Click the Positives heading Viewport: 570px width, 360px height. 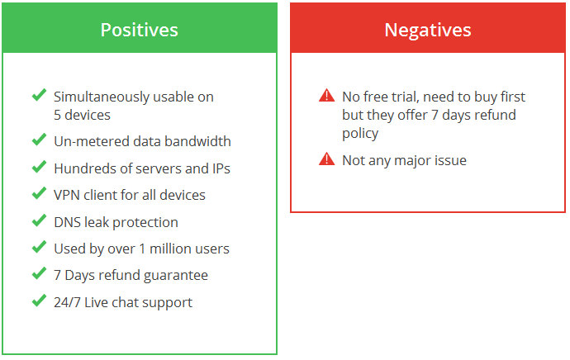click(x=140, y=30)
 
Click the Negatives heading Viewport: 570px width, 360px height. click(x=428, y=31)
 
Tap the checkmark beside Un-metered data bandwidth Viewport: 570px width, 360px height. click(x=40, y=140)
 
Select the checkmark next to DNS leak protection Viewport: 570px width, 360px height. click(x=40, y=220)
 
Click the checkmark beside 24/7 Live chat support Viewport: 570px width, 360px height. click(x=40, y=301)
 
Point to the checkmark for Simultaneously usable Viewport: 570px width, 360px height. click(x=40, y=95)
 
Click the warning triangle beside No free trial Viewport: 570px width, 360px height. click(x=327, y=96)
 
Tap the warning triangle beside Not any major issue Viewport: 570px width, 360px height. click(x=327, y=159)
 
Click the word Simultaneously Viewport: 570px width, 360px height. click(x=101, y=97)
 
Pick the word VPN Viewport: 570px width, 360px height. click(x=67, y=195)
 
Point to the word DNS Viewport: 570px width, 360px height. click(x=68, y=222)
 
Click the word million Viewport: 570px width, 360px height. click(x=170, y=249)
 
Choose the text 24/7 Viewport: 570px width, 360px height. click(x=67, y=302)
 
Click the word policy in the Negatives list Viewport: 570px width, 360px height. click(x=360, y=134)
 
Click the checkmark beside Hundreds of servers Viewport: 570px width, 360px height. click(x=40, y=167)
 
